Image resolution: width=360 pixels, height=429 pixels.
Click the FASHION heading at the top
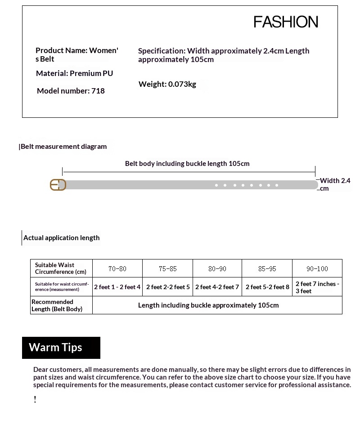click(x=286, y=22)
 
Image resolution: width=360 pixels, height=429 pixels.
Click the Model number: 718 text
click(x=71, y=91)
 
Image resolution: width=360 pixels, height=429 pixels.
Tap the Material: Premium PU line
click(x=74, y=73)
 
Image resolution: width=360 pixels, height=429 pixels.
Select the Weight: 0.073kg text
click(x=167, y=84)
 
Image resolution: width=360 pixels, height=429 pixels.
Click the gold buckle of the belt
click(x=58, y=185)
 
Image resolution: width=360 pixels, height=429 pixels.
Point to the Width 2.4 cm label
click(x=334, y=184)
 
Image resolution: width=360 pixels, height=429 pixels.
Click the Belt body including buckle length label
click(x=187, y=164)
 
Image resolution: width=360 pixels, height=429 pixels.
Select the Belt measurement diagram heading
click(x=63, y=147)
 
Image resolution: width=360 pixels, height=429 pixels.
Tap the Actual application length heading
click(x=61, y=238)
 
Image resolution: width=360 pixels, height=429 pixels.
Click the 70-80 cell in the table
click(x=117, y=268)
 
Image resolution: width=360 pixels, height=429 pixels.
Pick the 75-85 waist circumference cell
click(x=167, y=268)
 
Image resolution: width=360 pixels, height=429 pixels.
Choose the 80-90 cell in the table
click(x=217, y=268)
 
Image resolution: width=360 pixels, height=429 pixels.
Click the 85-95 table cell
click(x=267, y=268)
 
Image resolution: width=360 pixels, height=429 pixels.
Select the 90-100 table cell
click(x=317, y=268)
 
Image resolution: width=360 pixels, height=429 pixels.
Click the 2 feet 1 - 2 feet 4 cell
click(x=117, y=287)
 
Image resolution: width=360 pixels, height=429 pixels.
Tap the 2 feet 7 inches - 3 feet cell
click(x=317, y=287)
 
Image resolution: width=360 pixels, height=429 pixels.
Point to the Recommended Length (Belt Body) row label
click(x=57, y=305)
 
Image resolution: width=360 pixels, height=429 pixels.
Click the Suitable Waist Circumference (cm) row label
click(x=61, y=268)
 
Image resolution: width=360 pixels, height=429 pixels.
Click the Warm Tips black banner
click(x=61, y=348)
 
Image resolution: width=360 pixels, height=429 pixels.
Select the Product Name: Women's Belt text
click(x=76, y=54)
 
